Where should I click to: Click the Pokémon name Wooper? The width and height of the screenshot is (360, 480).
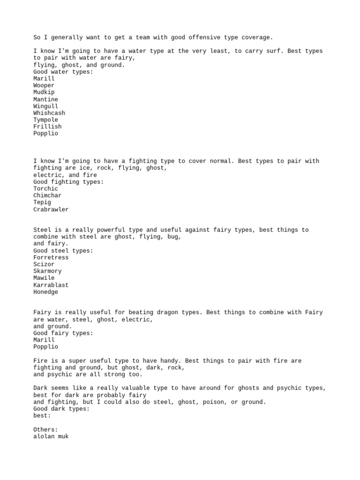(x=44, y=86)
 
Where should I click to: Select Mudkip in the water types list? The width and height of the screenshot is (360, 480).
(x=44, y=92)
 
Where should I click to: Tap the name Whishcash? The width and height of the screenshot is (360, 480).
(x=49, y=113)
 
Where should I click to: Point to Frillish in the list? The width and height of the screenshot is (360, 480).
(x=47, y=127)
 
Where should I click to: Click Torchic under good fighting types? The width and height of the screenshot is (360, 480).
(x=45, y=188)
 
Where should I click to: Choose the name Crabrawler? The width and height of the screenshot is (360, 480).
(x=51, y=210)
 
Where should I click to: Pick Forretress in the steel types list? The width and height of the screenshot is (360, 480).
(x=51, y=257)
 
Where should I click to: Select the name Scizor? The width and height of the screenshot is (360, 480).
(x=44, y=264)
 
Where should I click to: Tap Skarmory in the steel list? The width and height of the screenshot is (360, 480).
(x=47, y=271)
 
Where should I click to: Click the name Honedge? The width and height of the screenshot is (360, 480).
(x=45, y=292)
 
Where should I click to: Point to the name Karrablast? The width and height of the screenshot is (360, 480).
(x=51, y=285)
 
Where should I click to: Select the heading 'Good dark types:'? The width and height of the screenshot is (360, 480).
(x=61, y=409)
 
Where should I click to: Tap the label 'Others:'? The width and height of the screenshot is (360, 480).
(x=45, y=429)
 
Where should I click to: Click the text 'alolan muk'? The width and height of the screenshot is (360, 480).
(x=51, y=436)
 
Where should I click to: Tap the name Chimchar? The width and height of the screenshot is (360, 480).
(x=47, y=195)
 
